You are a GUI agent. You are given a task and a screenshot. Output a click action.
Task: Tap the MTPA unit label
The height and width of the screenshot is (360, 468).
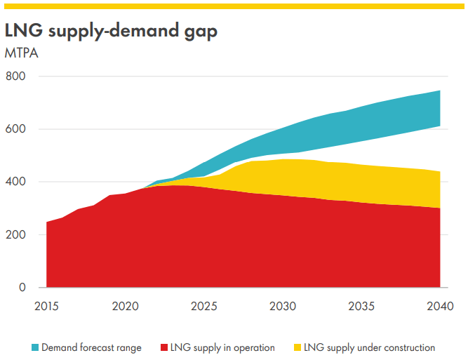pos(21,53)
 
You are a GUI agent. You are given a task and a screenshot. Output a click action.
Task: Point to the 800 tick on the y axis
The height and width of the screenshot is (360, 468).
pos(17,76)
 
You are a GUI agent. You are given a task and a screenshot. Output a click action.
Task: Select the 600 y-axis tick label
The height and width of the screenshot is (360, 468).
pos(17,129)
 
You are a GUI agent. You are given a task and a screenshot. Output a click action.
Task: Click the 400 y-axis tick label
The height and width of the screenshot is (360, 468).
pos(17,182)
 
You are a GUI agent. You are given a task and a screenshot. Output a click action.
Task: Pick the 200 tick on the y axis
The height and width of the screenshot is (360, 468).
pos(17,234)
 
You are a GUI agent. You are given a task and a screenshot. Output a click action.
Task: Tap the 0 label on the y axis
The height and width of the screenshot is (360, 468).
pos(22,288)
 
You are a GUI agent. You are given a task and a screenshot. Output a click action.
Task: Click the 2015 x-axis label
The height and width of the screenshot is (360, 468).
pos(46,306)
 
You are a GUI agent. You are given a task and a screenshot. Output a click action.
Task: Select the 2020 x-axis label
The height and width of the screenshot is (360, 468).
pos(125,306)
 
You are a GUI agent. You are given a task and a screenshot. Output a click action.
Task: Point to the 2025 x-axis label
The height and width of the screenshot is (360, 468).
pos(203,306)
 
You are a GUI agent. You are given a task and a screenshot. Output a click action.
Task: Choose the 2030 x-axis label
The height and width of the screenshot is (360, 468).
pos(282,306)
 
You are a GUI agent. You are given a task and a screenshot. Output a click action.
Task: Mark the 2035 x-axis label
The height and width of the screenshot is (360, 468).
pos(361,306)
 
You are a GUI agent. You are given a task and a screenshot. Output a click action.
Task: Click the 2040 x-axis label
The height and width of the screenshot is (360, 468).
pos(440,306)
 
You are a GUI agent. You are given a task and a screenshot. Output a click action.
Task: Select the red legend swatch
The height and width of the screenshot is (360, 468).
pos(165,347)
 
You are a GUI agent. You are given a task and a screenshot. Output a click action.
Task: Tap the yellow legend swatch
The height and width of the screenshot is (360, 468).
pos(298,347)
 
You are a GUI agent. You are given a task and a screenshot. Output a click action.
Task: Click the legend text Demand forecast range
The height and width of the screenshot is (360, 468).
pos(91,347)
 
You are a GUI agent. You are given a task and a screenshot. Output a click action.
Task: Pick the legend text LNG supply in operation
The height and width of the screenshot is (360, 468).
pos(223,347)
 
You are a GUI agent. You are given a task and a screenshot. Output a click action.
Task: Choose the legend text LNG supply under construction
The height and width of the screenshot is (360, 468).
pos(370,347)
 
